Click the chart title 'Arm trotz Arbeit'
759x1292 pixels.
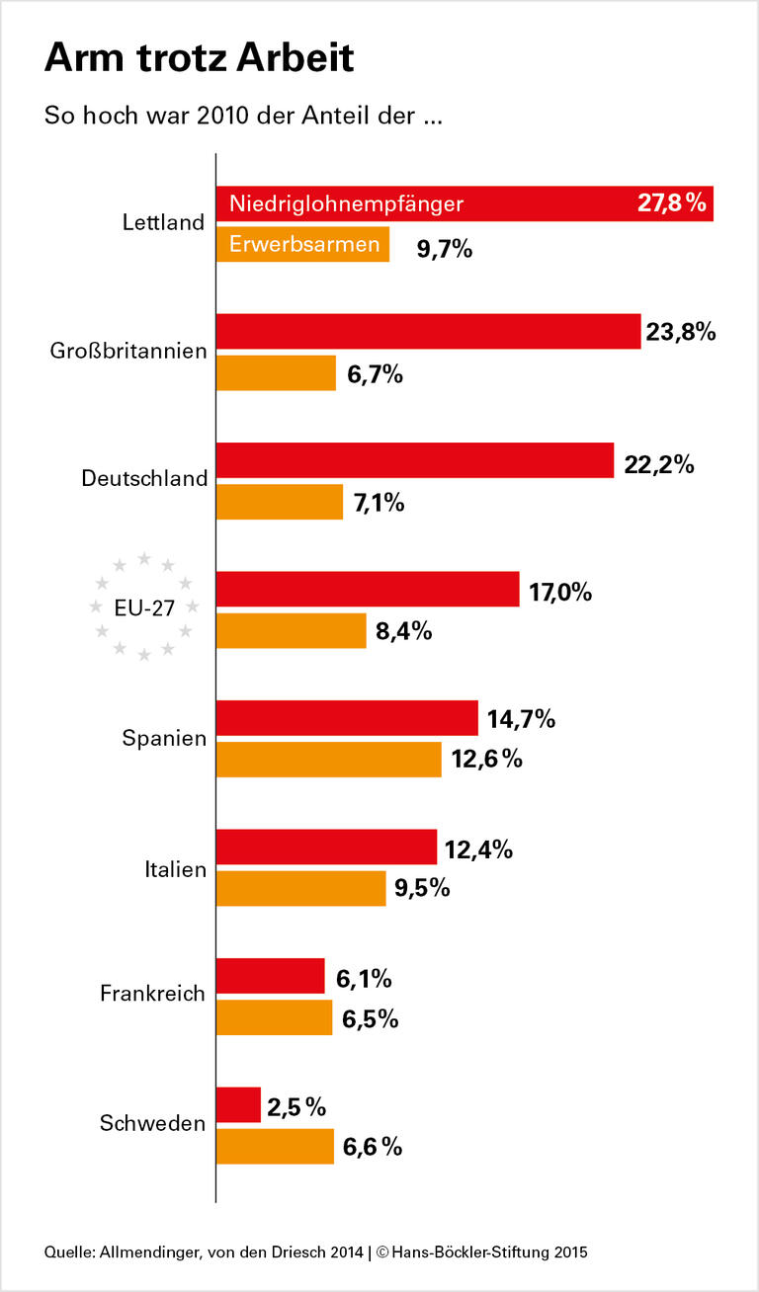[x=199, y=59]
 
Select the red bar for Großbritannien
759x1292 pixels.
[x=428, y=332]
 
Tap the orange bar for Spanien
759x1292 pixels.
[x=328, y=760]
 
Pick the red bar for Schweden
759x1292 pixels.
[x=238, y=1105]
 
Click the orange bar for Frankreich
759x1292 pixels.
[x=274, y=1017]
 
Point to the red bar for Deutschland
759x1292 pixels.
[x=415, y=461]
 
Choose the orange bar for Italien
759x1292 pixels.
[x=300, y=888]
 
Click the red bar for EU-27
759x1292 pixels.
[x=368, y=590]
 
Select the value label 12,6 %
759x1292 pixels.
[x=486, y=760]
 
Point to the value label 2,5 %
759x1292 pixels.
[x=296, y=1107]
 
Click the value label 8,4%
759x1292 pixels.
[x=404, y=631]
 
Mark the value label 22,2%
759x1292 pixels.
[x=659, y=462]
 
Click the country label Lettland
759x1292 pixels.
[x=163, y=223]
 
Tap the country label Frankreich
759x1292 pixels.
[x=152, y=994]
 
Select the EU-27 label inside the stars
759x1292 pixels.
[x=144, y=609]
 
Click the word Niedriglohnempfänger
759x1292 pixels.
[x=346, y=204]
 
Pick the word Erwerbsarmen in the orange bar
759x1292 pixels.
[x=304, y=244]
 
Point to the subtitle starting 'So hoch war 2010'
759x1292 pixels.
[x=242, y=116]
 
